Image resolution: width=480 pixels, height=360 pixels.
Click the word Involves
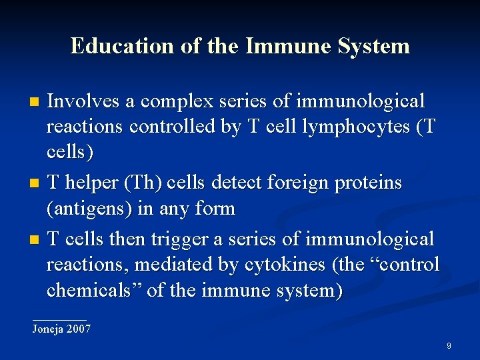point(83,101)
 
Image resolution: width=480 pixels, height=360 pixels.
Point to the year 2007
point(79,329)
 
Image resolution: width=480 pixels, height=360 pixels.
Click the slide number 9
point(449,346)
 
